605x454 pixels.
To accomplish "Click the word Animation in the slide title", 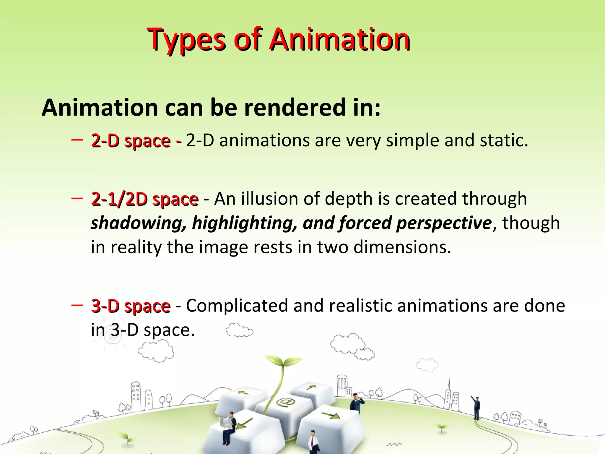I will [340, 40].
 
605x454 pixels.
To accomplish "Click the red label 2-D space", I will [131, 140].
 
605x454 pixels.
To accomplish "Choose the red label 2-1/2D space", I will [145, 199].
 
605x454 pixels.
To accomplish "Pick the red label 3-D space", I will [131, 306].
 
